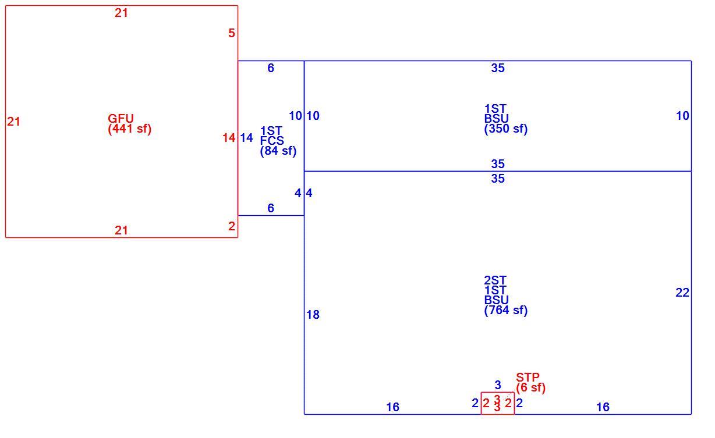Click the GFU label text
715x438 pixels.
pos(121,119)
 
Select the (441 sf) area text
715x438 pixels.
pos(130,129)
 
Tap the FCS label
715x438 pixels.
pos(272,141)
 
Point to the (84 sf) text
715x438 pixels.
pos(278,151)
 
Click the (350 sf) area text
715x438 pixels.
pos(506,129)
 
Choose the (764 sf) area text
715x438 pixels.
pos(506,310)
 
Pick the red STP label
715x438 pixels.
pos(528,378)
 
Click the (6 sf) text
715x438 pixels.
pos(531,387)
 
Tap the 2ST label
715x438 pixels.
pos(495,280)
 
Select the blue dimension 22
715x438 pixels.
pos(682,293)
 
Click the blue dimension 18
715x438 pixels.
pos(313,315)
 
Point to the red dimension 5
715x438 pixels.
pos(232,33)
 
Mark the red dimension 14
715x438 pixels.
pos(229,138)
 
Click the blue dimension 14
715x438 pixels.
pos(246,138)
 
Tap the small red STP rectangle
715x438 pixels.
pos(498,393)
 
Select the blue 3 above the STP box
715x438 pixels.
pos(498,385)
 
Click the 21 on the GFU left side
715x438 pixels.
pos(14,122)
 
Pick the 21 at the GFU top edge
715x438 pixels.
pos(121,13)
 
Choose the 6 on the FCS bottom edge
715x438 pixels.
pos(271,208)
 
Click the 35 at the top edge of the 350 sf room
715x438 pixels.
pos(498,68)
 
